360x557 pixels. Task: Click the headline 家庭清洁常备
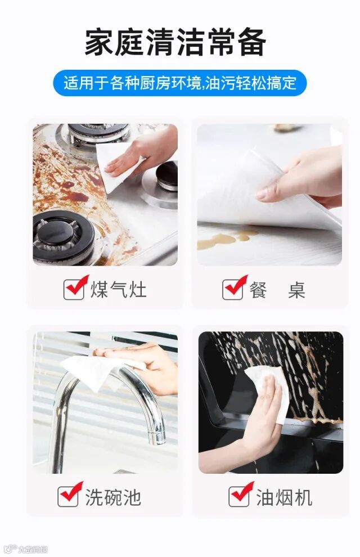coord(175,42)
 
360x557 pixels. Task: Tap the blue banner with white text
coord(179,83)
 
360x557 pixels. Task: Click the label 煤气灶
coord(118,289)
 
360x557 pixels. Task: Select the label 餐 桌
coord(277,290)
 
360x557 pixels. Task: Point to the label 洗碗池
coord(113,497)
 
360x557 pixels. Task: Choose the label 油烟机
coord(285,497)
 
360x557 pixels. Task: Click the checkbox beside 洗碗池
coord(69,495)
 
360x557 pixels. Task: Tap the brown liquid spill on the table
coord(227,239)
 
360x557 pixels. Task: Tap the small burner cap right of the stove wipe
coord(167,176)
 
